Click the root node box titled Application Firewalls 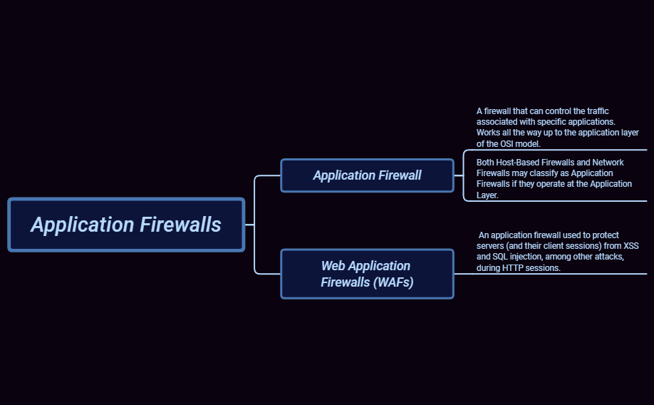(x=126, y=225)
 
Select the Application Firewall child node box (x=367, y=175)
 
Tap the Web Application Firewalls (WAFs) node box (x=367, y=274)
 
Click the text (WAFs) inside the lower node (x=393, y=282)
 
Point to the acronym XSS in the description (x=631, y=245)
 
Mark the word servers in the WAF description (x=492, y=245)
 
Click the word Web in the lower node (x=333, y=266)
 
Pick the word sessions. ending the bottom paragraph (x=545, y=268)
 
